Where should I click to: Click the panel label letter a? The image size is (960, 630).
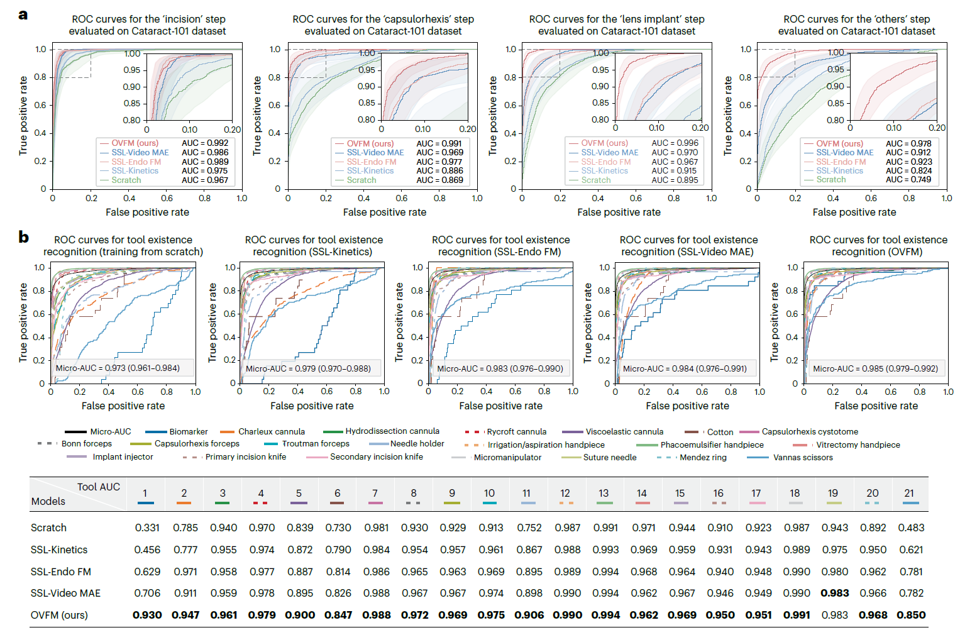[23, 15]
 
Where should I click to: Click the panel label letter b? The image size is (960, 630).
[23, 236]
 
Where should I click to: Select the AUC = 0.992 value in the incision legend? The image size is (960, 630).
[205, 143]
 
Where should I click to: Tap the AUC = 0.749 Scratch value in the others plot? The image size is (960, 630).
[908, 180]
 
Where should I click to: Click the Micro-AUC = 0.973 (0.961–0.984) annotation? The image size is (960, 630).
[118, 368]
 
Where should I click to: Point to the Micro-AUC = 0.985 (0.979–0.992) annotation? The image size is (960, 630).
[876, 368]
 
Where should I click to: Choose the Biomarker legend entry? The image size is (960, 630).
[177, 431]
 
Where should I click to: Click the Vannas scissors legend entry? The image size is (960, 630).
[790, 457]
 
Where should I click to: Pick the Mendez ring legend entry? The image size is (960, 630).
[692, 457]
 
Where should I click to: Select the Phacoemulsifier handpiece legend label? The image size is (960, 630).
[712, 445]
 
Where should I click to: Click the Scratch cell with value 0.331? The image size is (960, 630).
[147, 528]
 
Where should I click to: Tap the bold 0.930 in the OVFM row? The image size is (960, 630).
[147, 615]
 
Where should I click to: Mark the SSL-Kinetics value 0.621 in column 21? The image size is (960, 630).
[911, 550]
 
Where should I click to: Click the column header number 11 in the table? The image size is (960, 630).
[526, 494]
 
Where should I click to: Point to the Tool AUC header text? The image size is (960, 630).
[99, 487]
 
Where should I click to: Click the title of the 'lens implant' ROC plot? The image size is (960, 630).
[617, 25]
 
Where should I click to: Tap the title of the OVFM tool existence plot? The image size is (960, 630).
[878, 246]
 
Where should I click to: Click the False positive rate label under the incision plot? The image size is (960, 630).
[148, 212]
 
